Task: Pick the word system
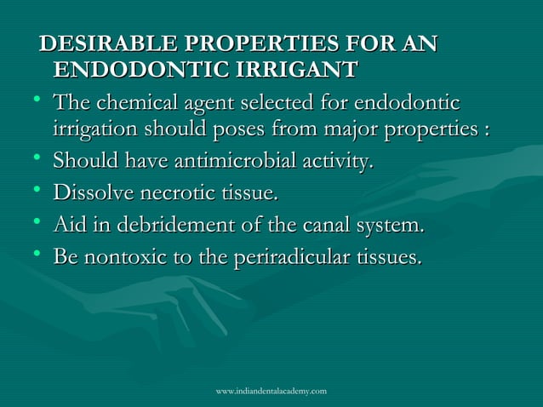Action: (x=391, y=226)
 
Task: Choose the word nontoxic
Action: (x=120, y=256)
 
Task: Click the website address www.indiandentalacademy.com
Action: (x=271, y=390)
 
